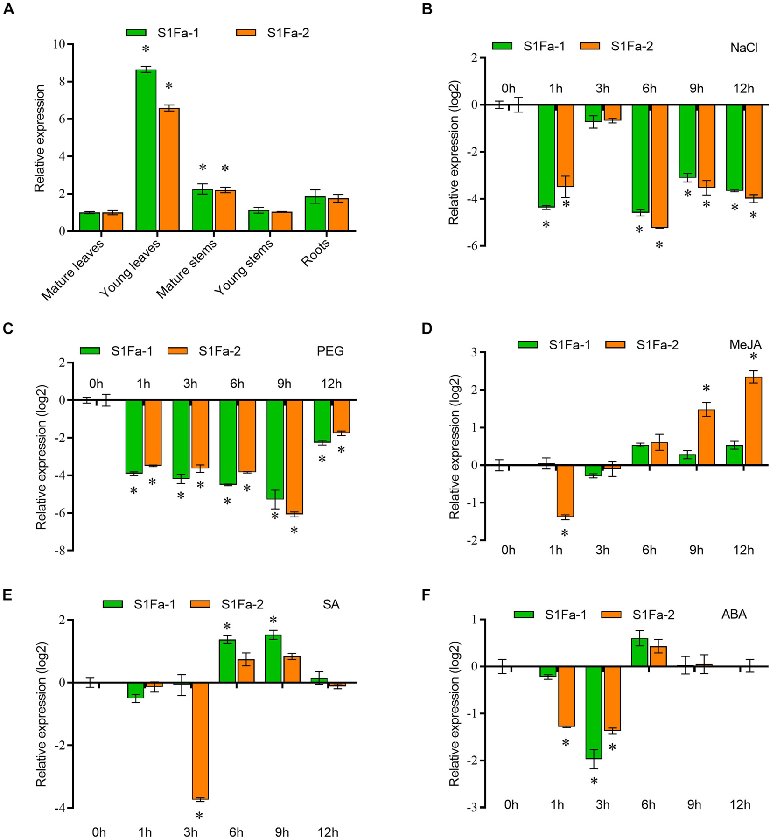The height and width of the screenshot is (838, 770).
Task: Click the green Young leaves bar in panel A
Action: [146, 150]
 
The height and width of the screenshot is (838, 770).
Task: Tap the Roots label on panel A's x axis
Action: [316, 252]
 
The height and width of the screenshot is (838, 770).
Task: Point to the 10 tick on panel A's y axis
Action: [59, 44]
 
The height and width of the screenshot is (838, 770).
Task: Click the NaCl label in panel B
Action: [743, 48]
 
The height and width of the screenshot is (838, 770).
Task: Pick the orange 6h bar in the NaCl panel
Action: [659, 166]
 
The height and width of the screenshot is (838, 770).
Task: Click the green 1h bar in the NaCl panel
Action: [546, 156]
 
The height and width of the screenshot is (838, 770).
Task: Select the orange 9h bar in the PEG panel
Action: [294, 457]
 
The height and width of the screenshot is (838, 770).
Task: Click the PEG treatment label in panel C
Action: [330, 351]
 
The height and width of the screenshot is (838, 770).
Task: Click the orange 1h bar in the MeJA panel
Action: [565, 491]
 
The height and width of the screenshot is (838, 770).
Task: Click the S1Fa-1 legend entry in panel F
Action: [565, 615]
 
